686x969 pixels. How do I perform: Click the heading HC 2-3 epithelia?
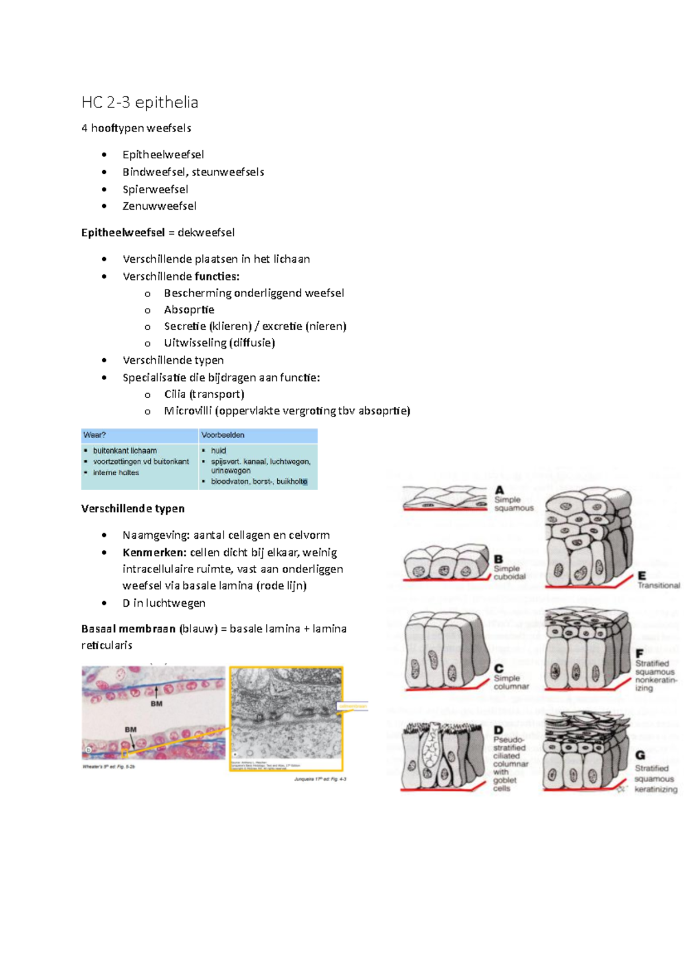[139, 102]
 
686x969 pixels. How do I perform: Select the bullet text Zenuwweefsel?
[159, 206]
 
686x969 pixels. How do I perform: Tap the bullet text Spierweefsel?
[155, 189]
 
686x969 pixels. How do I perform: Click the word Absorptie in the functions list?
[189, 310]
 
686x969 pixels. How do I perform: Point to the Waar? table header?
[95, 435]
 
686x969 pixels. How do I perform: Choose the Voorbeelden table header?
[222, 435]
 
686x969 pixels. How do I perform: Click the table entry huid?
[218, 451]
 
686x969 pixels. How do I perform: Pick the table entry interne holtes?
[116, 473]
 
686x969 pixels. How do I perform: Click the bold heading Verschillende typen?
[133, 508]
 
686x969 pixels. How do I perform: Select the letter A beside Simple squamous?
[500, 490]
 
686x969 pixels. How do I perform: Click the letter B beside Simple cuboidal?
[498, 559]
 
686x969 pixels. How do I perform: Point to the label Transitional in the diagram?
[659, 586]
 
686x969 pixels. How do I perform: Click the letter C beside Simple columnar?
[499, 668]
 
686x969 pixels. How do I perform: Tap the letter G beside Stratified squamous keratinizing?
[640, 755]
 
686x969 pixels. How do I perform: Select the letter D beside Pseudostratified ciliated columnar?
[498, 730]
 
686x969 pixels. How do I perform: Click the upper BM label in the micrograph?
[156, 704]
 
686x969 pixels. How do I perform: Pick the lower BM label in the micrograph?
[130, 730]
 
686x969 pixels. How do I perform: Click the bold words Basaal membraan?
[128, 628]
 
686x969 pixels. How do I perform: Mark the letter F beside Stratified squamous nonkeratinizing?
[640, 654]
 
